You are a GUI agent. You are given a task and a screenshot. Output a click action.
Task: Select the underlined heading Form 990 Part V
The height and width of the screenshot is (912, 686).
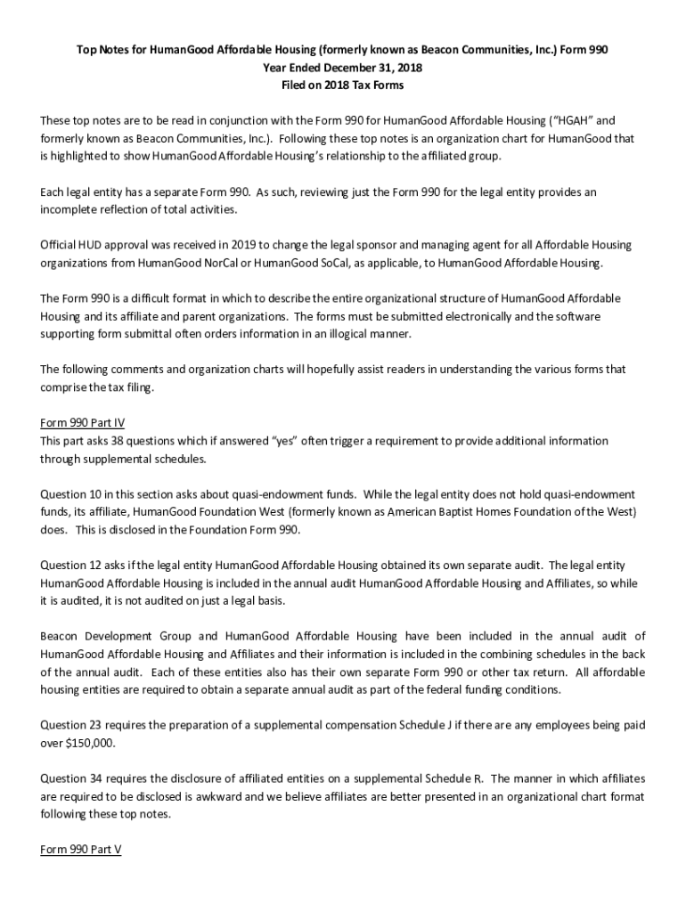click(x=81, y=850)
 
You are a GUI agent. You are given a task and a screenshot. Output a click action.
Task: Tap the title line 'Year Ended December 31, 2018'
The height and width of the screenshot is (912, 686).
click(x=343, y=68)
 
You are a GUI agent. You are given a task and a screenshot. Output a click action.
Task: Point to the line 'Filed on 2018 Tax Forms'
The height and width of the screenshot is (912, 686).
click(x=343, y=85)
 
